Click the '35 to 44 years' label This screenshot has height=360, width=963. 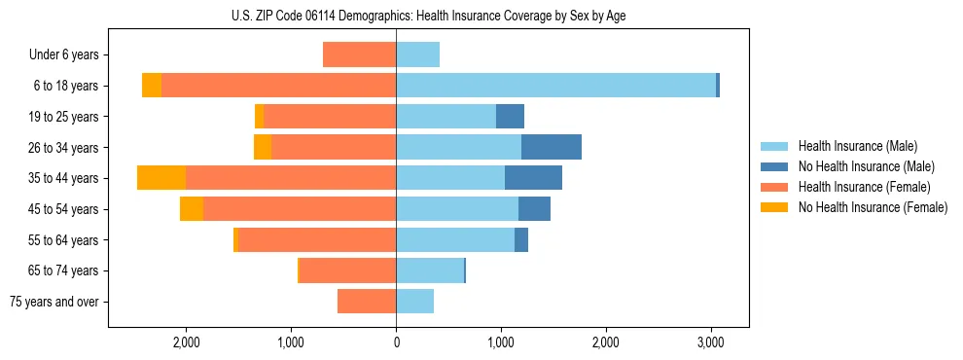[63, 178]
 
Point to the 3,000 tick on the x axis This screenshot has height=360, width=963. [710, 343]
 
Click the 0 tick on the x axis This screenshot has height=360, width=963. [396, 343]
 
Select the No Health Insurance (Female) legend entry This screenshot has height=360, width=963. [873, 207]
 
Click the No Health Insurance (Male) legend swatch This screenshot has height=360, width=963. [775, 166]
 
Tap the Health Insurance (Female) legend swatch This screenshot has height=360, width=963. [775, 187]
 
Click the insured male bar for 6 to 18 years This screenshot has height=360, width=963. [555, 86]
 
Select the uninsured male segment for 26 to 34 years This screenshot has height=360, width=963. [552, 147]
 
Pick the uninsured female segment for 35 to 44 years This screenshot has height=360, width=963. [161, 178]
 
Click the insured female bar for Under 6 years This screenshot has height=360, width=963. [359, 55]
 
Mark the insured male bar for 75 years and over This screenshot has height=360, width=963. [414, 302]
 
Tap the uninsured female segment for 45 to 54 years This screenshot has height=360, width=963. [192, 208]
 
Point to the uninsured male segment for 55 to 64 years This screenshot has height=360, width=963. [521, 239]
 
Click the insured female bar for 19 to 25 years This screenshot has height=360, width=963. [330, 117]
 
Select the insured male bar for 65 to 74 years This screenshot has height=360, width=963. [430, 270]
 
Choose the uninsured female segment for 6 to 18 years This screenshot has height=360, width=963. [152, 86]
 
